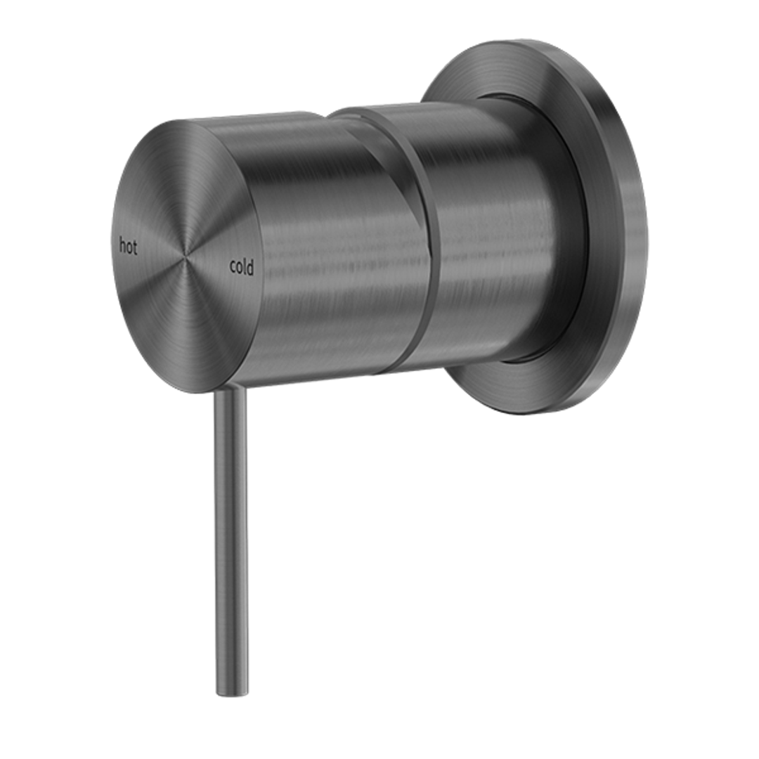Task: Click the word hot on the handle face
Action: pos(128,247)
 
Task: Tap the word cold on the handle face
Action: pos(242,267)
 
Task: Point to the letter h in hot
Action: pos(123,246)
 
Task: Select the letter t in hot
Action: pos(135,247)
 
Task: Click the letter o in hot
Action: pos(129,248)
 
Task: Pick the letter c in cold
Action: pos(233,268)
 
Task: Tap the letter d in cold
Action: pos(250,267)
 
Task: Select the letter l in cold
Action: pos(245,267)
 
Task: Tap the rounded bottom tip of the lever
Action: pos(233,692)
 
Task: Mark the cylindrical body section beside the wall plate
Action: pos(499,232)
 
